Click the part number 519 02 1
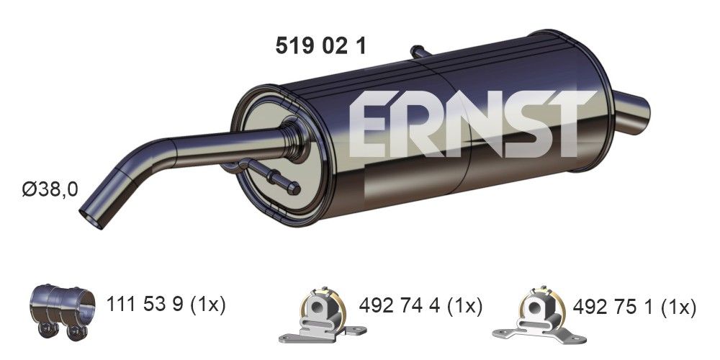[x=321, y=46]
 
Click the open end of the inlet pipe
[x=91, y=213]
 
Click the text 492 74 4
[x=398, y=306]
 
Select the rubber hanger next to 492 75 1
[x=531, y=316]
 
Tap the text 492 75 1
[x=611, y=308]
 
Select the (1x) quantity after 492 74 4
[x=462, y=306]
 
